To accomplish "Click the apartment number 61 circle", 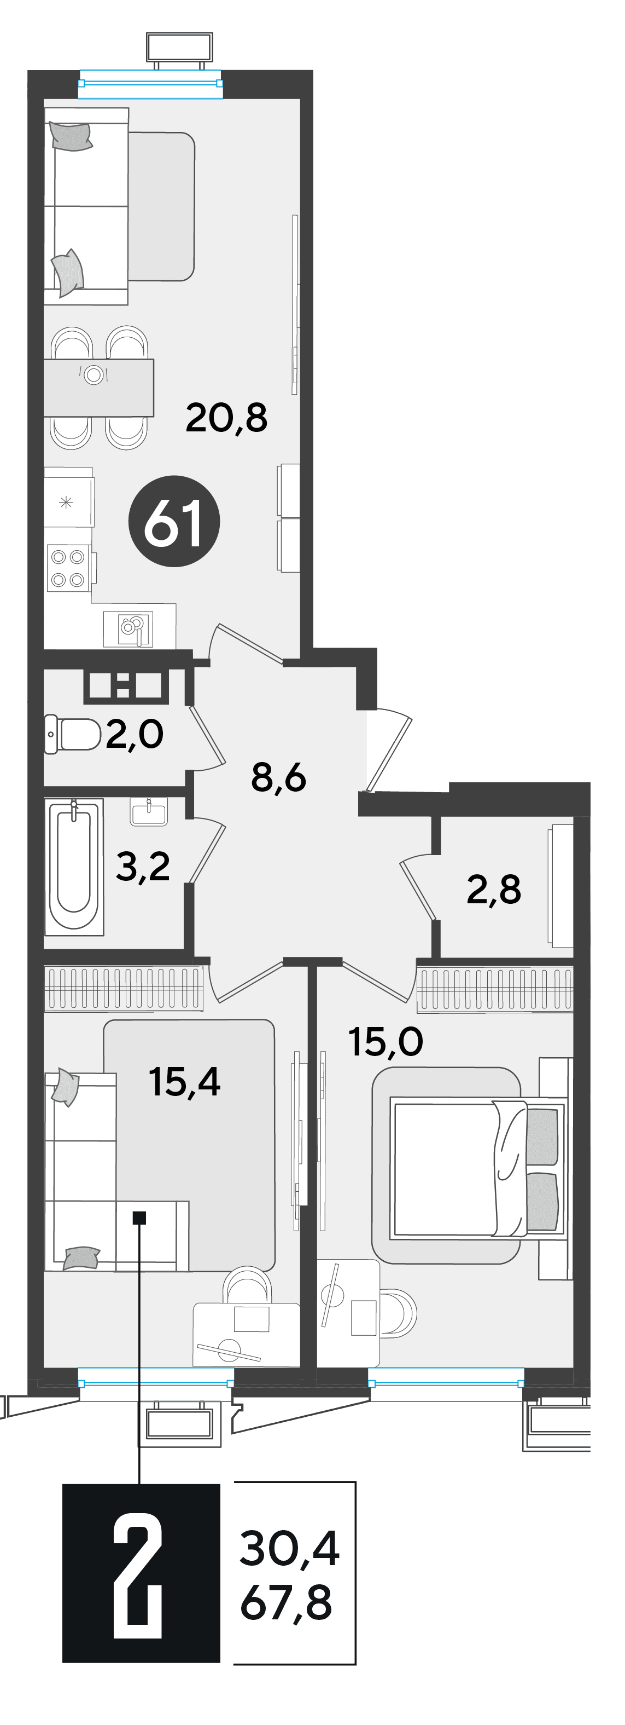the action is [x=174, y=521].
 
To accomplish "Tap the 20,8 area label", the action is [x=226, y=418].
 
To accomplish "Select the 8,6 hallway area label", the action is [x=278, y=777].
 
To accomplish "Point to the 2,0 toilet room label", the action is [x=135, y=734].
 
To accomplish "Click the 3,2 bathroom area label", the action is [x=143, y=867].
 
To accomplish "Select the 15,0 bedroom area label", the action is [x=385, y=1042].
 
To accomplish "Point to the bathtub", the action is [x=74, y=867].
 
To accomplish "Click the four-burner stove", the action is [x=69, y=568].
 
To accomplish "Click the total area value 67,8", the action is [x=287, y=1602].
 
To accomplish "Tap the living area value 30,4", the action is [x=289, y=1548].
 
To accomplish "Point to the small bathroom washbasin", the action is [x=149, y=812].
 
